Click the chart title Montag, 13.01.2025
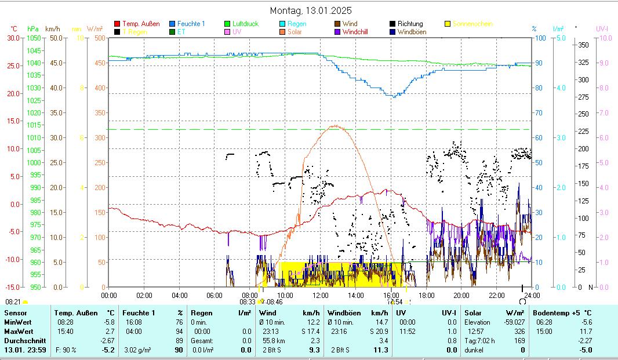tap(311, 10)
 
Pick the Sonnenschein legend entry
tap(472, 24)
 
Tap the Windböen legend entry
tap(412, 32)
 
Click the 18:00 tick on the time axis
tap(426, 295)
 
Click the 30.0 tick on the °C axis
tap(13, 38)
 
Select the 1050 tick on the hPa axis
tap(34, 38)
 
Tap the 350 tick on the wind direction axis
tap(584, 45)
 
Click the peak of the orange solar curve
tap(335, 125)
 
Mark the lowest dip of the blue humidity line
tap(394, 96)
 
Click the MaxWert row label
tap(18, 331)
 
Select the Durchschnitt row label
tap(25, 340)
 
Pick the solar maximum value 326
tap(519, 331)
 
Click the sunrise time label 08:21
tap(13, 302)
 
